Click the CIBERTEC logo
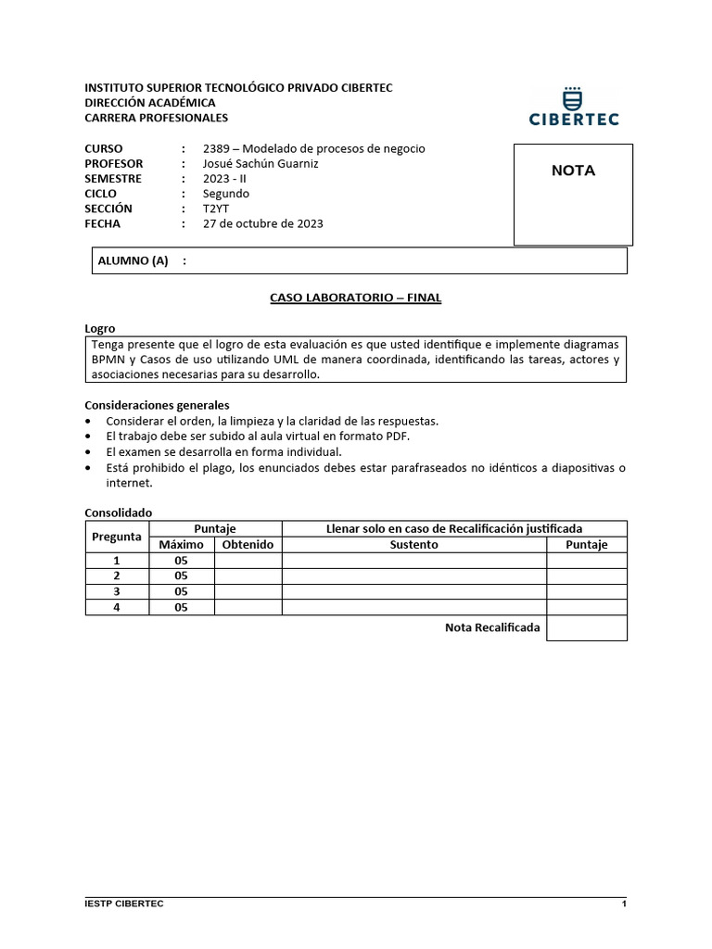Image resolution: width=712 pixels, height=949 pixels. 573,107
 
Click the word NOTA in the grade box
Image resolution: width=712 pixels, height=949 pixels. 573,171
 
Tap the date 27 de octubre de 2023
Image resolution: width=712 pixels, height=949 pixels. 263,223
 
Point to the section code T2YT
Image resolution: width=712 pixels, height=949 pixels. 217,209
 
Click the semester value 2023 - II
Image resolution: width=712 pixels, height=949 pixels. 224,178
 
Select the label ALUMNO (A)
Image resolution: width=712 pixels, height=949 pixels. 133,261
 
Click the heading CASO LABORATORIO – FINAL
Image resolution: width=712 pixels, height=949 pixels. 356,297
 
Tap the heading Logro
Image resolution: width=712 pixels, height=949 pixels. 100,329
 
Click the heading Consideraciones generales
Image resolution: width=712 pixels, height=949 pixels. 157,405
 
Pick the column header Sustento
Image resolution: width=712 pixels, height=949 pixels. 413,545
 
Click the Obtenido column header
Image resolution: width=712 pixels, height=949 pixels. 248,545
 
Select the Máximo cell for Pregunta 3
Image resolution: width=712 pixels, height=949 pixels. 181,591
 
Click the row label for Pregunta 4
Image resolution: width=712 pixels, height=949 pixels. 117,607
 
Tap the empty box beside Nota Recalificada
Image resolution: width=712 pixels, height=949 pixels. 586,627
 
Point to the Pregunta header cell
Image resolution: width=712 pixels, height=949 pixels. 117,537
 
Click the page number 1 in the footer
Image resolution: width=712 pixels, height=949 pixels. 624,904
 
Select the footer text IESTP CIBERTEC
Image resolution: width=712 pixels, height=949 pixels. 124,904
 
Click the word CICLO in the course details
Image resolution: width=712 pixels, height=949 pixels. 101,194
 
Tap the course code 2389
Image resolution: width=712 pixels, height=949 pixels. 218,148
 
